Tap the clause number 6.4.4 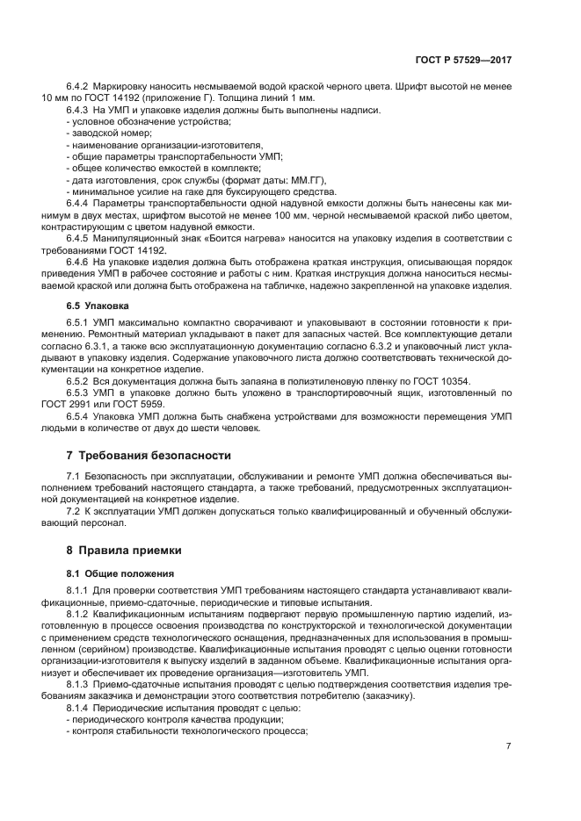(79, 201)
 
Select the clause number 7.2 (74, 510)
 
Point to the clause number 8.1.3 (79, 682)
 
